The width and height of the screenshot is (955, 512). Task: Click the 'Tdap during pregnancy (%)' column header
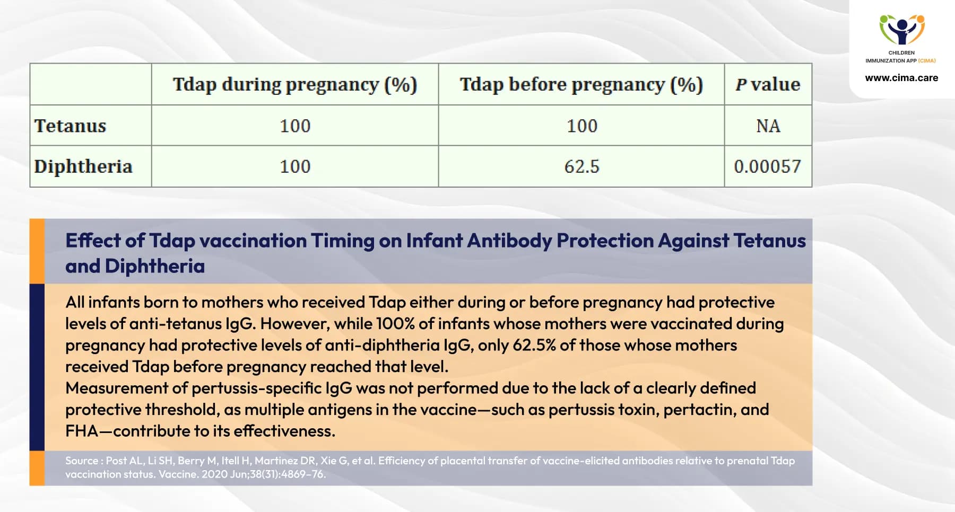[x=295, y=85]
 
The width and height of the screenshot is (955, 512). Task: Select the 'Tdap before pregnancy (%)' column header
[x=581, y=85]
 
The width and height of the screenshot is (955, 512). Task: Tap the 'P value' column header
[x=768, y=85]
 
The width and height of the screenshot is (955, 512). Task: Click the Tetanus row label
[x=71, y=126]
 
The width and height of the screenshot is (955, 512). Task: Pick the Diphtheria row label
[x=83, y=166]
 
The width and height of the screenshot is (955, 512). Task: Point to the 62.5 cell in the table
[x=581, y=167]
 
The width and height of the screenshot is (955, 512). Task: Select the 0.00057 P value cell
[x=768, y=167]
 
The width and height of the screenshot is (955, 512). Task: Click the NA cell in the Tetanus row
[x=768, y=126]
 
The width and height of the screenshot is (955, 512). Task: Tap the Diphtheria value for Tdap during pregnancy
[x=295, y=167]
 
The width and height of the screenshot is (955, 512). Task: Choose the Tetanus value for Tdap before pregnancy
[x=581, y=126]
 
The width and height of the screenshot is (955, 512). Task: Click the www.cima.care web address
[x=901, y=78]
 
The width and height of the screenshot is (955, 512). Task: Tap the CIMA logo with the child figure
[x=902, y=30]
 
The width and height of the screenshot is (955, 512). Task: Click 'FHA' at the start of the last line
[x=82, y=431]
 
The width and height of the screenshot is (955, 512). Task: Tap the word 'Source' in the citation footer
[x=82, y=461]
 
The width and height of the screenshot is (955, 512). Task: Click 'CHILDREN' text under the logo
[x=901, y=52]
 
